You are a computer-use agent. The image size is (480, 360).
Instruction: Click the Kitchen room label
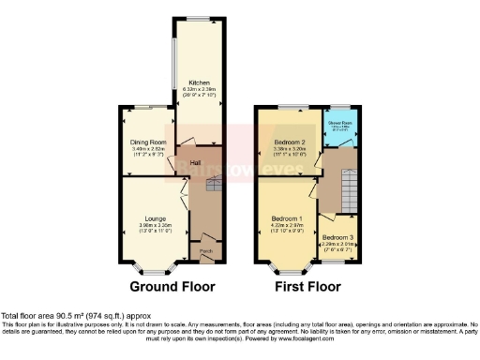tap(199, 81)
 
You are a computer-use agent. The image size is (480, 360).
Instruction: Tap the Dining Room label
tap(147, 142)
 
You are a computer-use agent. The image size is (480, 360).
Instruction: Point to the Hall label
tap(197, 163)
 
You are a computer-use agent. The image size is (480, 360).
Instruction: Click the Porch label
tap(204, 252)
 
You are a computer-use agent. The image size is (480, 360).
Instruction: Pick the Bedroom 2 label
tap(290, 141)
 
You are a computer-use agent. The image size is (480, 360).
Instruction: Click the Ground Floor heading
tap(172, 286)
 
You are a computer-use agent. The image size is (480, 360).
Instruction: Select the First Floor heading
tap(304, 286)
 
